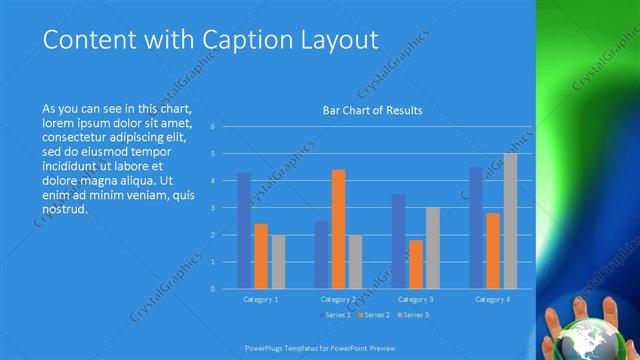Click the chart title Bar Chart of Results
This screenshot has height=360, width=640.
[372, 110]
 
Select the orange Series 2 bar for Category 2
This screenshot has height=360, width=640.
[338, 229]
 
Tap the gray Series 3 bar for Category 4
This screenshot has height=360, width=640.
[510, 221]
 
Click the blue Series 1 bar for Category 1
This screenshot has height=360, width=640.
[244, 231]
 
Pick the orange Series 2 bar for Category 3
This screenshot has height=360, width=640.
[415, 264]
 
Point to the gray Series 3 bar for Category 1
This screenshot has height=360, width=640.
[278, 262]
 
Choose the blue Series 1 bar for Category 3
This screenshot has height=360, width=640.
[398, 241]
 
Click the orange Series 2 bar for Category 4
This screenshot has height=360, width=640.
[493, 250]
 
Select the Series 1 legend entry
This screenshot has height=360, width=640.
[333, 316]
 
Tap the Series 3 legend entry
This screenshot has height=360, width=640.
[411, 316]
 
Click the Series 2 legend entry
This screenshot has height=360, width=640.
[372, 316]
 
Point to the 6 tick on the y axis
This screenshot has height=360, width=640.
[213, 127]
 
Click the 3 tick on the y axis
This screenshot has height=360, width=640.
[213, 208]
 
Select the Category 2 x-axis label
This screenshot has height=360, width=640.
[338, 299]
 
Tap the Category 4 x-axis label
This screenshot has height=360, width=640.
[493, 299]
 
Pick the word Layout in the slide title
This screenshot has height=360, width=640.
[339, 40]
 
